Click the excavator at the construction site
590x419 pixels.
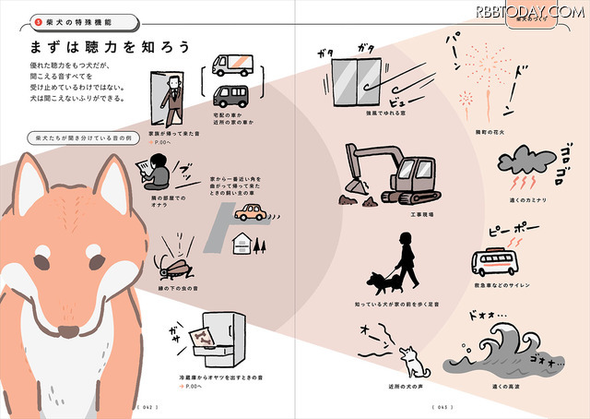[392, 173]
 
